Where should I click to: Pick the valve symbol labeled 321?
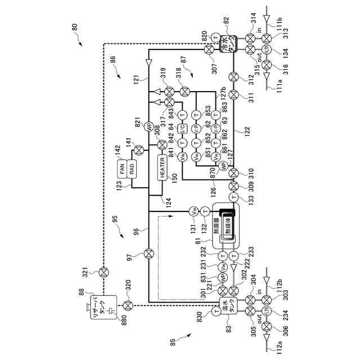[x=103, y=273]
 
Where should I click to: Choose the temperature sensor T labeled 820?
[x=217, y=37]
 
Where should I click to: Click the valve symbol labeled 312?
[x=234, y=76]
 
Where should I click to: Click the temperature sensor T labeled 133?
[x=234, y=197]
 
